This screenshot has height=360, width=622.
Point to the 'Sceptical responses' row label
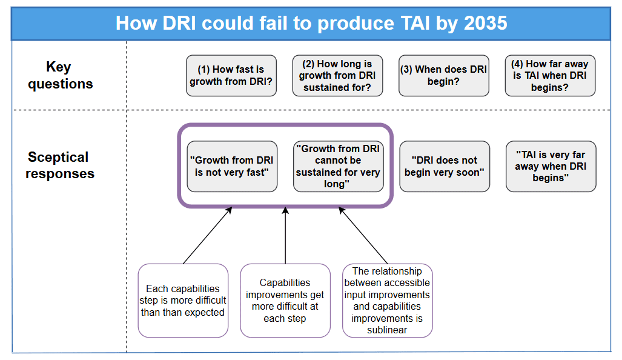tap(60, 165)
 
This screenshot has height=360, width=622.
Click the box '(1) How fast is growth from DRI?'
tap(232, 76)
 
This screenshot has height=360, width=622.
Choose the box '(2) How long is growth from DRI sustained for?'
tap(337, 76)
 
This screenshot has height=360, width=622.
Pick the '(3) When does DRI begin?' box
tap(444, 76)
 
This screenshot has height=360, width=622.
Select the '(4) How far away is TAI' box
tap(550, 76)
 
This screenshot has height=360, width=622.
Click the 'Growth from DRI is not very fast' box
tap(232, 166)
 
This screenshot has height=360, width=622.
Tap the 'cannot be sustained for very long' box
tap(338, 166)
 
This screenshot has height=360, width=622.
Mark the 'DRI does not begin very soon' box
tap(445, 166)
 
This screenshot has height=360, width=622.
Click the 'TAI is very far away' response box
tap(551, 166)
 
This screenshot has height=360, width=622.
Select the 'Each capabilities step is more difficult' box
tap(184, 301)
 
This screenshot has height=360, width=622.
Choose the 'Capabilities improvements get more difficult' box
tap(285, 301)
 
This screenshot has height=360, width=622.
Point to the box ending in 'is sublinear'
tap(387, 301)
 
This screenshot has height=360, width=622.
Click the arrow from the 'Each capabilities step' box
tap(207, 236)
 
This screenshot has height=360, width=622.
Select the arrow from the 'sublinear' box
tap(362, 236)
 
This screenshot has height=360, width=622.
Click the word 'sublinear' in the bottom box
tap(387, 330)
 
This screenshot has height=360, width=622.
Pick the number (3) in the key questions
tap(406, 70)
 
